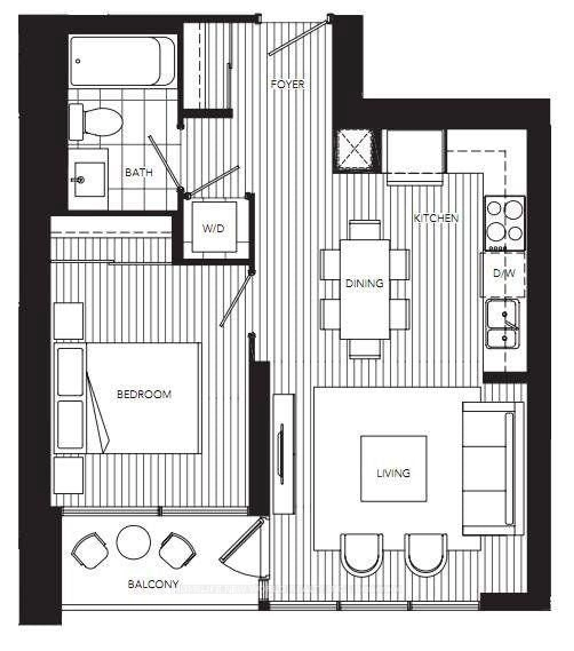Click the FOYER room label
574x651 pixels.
[287, 84]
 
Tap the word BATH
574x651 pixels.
[139, 173]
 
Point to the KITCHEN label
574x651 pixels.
[436, 218]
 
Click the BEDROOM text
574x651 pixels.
[144, 394]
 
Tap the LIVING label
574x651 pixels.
[393, 473]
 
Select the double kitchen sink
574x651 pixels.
[502, 323]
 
